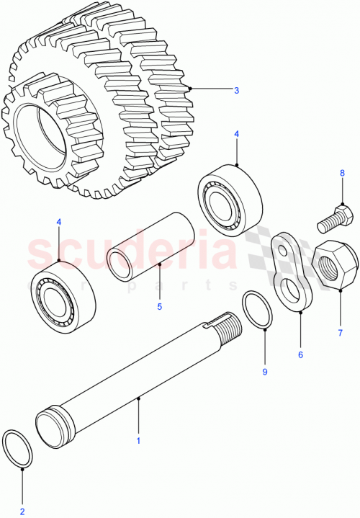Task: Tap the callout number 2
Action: [22, 512]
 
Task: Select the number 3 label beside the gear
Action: [235, 90]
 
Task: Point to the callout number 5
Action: [160, 306]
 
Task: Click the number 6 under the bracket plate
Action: [300, 354]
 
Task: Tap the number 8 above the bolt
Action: [343, 173]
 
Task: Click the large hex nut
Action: [336, 266]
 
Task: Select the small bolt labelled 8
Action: [334, 218]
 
